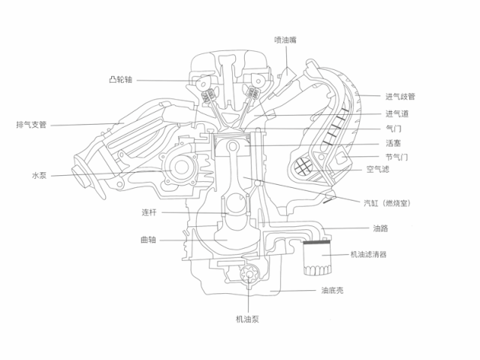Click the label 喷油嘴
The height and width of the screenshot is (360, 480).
pos(285,40)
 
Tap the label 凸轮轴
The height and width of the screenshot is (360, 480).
pos(121,80)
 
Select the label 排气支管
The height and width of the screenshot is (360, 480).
pos(32,125)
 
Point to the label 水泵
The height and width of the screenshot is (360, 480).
pos(39,176)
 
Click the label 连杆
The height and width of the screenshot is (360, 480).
pos(149,213)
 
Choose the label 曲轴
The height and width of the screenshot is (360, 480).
pos(149,240)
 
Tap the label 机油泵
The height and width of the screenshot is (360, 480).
pos(247,319)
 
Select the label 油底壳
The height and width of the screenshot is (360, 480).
pos(333,290)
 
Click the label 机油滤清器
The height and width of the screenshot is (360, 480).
pos(369,254)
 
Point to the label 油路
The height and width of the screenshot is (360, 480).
pos(381,228)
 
